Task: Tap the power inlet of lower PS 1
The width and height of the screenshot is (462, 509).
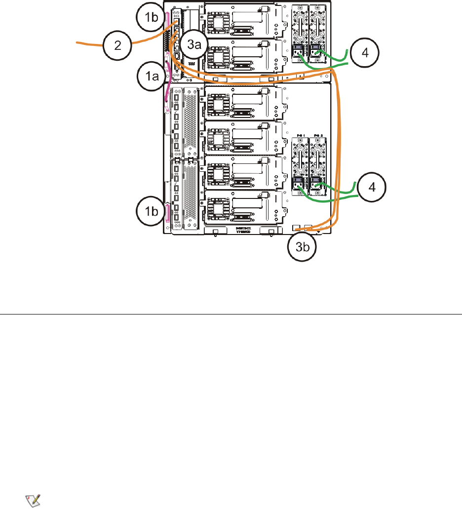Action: coord(299,185)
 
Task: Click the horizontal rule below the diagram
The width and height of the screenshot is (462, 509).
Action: coord(231,313)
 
